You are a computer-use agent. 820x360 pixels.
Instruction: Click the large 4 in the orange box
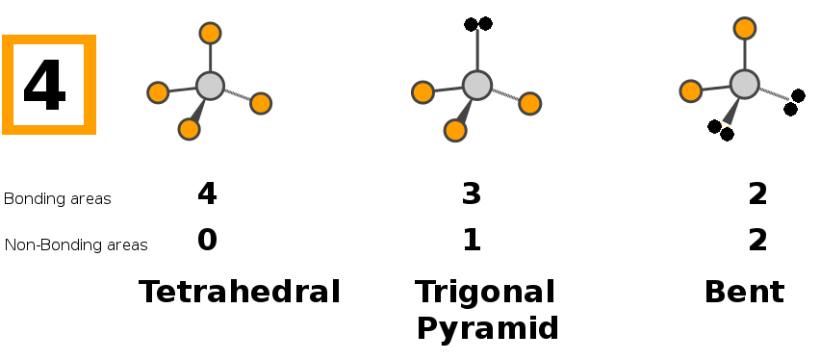point(44,85)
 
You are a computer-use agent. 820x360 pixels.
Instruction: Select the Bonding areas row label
point(58,199)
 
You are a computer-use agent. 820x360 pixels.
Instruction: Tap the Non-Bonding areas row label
point(76,244)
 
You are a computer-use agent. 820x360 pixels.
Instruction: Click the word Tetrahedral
point(240,292)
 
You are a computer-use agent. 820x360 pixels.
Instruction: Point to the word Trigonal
point(485,293)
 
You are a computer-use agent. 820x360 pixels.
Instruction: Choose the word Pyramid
point(488,329)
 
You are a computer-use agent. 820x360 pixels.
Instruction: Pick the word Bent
point(745,292)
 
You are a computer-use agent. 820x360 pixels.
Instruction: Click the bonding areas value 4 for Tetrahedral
point(207,193)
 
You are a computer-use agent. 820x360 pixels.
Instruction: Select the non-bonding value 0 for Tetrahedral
point(207,241)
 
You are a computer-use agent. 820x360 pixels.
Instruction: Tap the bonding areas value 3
point(472,193)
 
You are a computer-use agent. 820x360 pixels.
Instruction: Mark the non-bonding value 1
point(473,241)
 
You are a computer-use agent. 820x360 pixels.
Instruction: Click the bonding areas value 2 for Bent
point(757,193)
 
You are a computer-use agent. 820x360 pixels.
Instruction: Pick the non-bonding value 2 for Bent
point(757,241)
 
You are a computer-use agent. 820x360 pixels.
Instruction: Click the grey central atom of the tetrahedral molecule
point(210,86)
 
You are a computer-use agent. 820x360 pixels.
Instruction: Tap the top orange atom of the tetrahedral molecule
point(210,33)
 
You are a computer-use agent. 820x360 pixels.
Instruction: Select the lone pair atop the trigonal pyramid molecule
point(478,24)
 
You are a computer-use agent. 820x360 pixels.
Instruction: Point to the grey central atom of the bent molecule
point(745,85)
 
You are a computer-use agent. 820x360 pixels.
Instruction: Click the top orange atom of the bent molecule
point(745,28)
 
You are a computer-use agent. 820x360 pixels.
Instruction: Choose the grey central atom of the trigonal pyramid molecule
point(477,85)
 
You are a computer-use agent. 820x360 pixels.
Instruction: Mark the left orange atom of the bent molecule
point(691,91)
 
